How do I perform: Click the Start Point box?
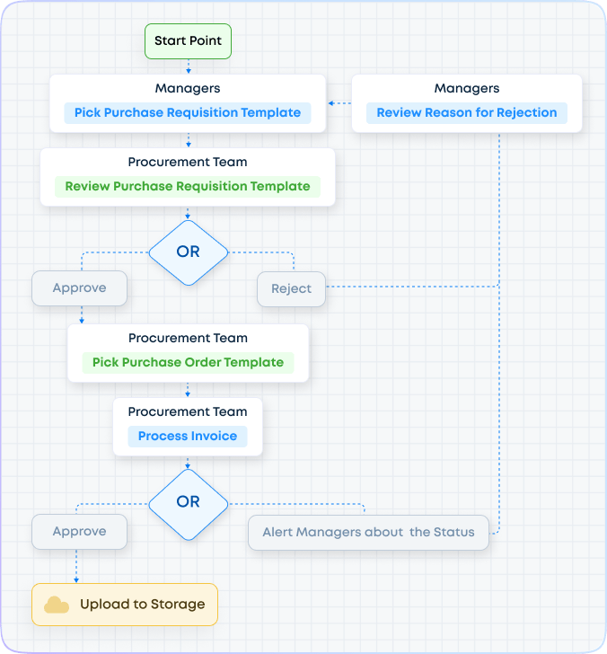coord(188,41)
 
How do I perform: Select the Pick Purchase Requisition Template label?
coord(188,113)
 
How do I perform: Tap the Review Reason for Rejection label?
coord(466,113)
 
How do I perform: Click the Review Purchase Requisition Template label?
coord(188,187)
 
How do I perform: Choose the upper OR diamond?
coord(188,252)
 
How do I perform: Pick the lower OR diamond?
coord(188,502)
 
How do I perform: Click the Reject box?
coord(291,289)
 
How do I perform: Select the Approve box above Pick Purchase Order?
coord(79,288)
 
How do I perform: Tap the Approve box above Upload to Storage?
coord(79,532)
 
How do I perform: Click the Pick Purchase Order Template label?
coord(188,363)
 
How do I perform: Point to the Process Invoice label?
coord(188,437)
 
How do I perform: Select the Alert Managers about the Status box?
coord(368,533)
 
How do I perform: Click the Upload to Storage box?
coord(125,605)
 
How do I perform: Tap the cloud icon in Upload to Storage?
coord(57,605)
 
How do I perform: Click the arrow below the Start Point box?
coord(188,66)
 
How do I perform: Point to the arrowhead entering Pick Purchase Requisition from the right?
coord(330,104)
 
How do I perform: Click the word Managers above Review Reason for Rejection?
coord(466,89)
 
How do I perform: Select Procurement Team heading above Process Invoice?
coord(188,411)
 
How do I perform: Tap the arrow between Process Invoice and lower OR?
coord(188,464)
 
